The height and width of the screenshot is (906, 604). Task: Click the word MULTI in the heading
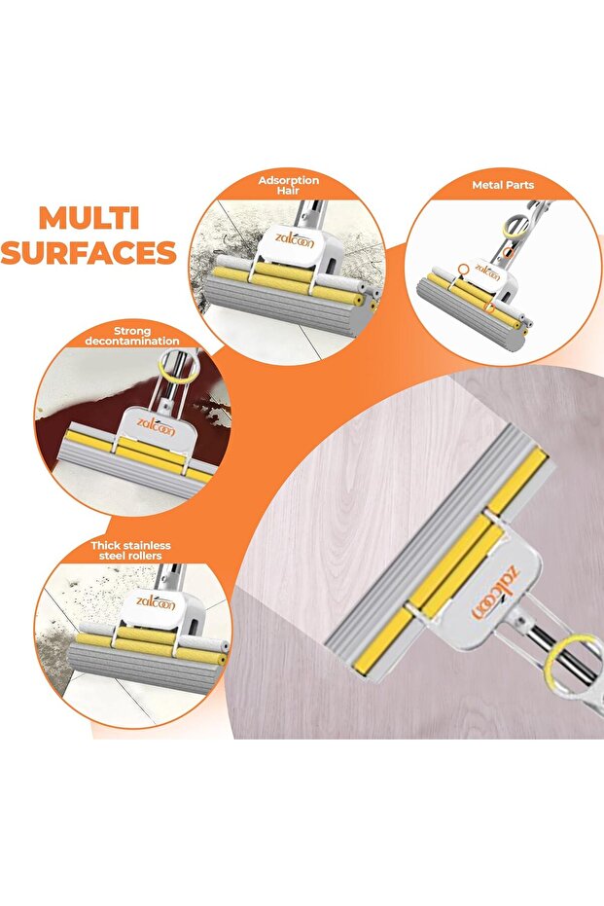[89, 218]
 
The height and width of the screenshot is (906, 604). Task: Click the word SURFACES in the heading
[89, 252]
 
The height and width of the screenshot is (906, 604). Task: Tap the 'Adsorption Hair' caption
[288, 185]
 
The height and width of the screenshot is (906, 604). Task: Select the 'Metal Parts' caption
[503, 185]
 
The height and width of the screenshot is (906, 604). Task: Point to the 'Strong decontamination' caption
[132, 336]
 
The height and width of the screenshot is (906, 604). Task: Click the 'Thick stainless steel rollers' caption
[130, 550]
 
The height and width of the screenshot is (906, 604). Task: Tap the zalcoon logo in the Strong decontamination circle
[157, 427]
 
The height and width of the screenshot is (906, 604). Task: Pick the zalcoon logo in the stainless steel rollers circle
[156, 601]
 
